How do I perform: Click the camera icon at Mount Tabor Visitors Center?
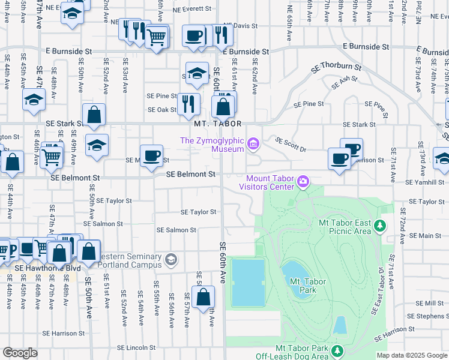coord(304,181)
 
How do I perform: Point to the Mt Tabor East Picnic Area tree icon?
coord(379,226)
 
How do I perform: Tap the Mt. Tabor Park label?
coord(303,285)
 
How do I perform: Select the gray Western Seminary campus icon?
coord(171,259)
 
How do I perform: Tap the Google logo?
coord(20,353)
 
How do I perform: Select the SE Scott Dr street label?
coord(291,145)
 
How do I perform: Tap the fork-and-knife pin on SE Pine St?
coord(188,103)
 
